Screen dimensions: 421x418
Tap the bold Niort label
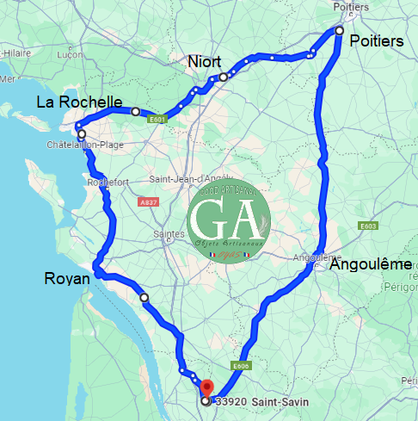coord(205,62)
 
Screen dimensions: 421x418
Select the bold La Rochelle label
coord(79,102)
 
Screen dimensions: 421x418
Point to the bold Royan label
coord(66,279)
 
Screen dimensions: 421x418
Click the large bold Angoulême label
coord(371,265)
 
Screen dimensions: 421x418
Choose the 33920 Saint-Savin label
coord(258,401)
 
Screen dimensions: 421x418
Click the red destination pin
coord(205,387)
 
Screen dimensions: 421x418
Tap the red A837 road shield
coord(149,201)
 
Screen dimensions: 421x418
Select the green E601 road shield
coord(157,120)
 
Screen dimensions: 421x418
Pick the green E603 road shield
coord(368,226)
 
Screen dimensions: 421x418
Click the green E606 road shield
coord(240,366)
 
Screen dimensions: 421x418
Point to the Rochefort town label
coord(108,183)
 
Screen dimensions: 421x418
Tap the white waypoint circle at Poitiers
coord(339,31)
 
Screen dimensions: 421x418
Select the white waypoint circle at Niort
coord(223,77)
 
